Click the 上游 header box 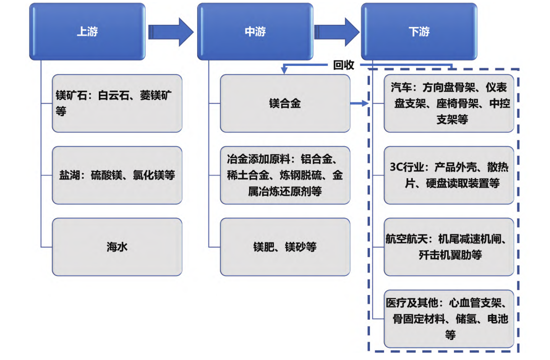point(87,32)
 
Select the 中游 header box point(255,32)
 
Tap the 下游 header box point(419,32)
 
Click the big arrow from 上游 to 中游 point(171,32)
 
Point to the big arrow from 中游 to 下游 point(337,32)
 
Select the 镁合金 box point(285,103)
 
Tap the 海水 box point(117,247)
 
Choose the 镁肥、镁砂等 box point(285,247)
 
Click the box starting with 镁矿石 point(117,103)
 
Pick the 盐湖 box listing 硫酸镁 point(117,175)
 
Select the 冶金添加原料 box point(285,175)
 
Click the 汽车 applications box point(449,103)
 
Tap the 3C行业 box point(449,175)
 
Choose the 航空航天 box point(449,247)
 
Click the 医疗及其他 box point(449,318)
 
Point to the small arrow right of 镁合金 point(360,104)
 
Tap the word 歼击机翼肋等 point(450,255)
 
